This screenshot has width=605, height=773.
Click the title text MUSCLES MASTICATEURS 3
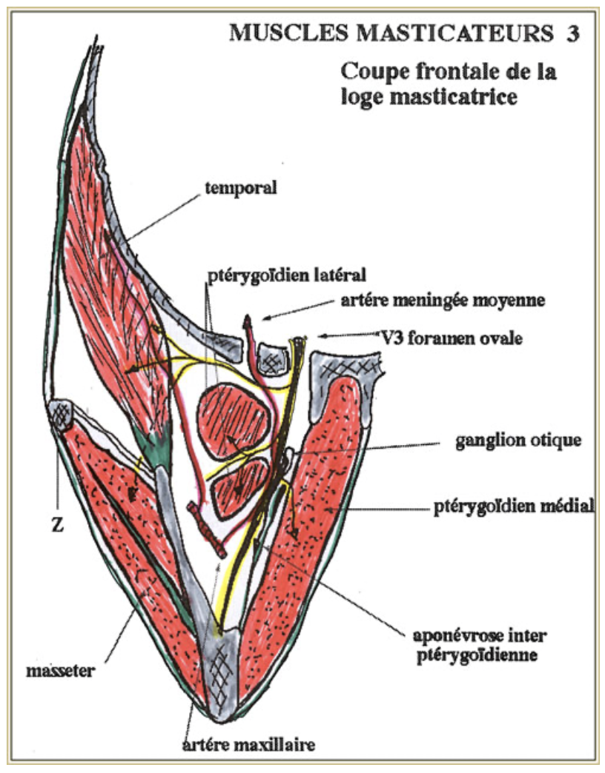click(x=404, y=33)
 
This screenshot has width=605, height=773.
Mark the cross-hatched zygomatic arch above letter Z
click(x=59, y=413)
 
